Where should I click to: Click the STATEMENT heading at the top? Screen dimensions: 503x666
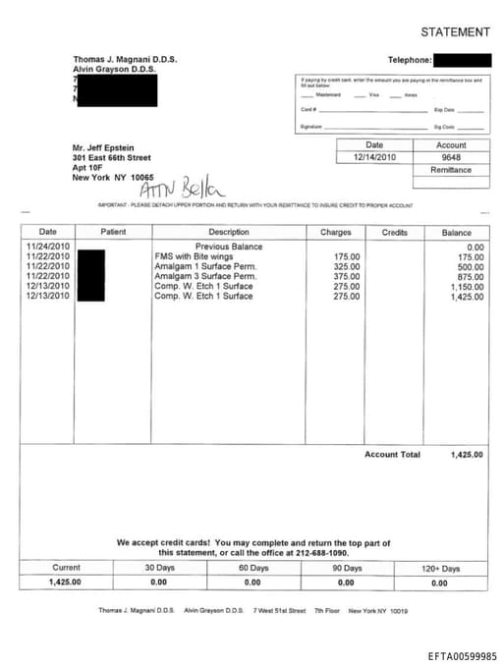(x=455, y=32)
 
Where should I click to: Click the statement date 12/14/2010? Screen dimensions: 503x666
(x=373, y=157)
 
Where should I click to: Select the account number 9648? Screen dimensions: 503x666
(x=451, y=157)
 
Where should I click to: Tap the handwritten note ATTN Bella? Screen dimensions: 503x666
(x=184, y=188)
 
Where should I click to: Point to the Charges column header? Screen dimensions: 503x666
(x=335, y=232)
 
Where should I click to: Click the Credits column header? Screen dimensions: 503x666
(x=394, y=232)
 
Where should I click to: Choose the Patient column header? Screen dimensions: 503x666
(x=113, y=232)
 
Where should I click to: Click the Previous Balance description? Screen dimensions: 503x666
(x=229, y=247)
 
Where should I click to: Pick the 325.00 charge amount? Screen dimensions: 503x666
(x=347, y=266)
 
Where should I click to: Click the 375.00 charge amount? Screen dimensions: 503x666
(x=347, y=276)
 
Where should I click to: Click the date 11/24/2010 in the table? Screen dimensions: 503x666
(x=48, y=247)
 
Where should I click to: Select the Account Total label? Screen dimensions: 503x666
(x=392, y=455)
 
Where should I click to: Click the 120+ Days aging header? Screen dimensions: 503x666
(x=439, y=569)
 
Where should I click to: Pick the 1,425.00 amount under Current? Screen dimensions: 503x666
(x=65, y=583)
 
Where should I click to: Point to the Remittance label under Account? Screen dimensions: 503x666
(x=451, y=170)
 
